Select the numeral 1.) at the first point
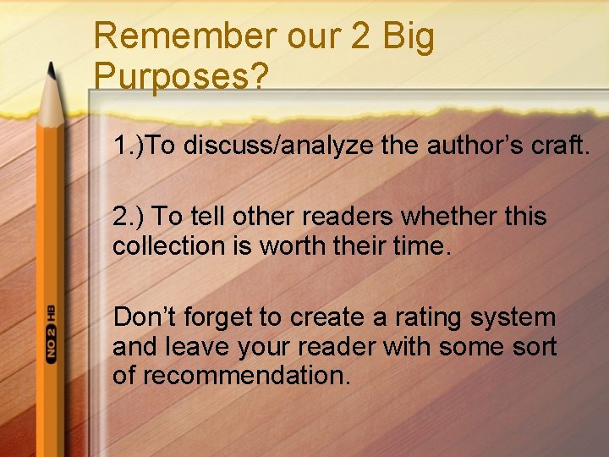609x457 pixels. point(129,146)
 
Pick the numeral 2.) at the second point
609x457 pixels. point(128,217)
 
